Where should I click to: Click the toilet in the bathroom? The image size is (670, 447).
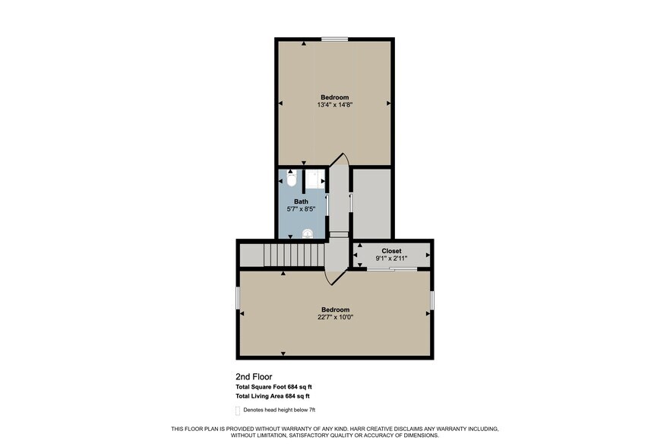pos(291,179)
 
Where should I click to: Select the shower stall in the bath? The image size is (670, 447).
pos(316,179)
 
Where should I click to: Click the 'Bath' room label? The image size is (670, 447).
pos(302,201)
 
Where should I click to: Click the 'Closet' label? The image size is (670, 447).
pos(391,250)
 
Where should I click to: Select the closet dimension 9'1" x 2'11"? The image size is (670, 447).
pos(391,258)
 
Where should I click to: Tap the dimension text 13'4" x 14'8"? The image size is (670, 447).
pos(334,105)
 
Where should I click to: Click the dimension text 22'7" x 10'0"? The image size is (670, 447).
pos(334,317)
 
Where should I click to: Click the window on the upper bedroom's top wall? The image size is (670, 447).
pos(334,39)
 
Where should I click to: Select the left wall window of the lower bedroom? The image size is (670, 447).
pos(238,298)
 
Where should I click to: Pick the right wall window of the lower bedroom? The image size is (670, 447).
pos(431,300)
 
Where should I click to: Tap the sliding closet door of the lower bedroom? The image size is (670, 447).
pos(391,269)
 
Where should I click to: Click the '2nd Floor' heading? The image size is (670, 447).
pos(254,376)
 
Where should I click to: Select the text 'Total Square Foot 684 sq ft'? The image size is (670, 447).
pos(273,387)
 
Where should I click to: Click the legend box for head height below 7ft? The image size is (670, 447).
pos(238,411)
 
